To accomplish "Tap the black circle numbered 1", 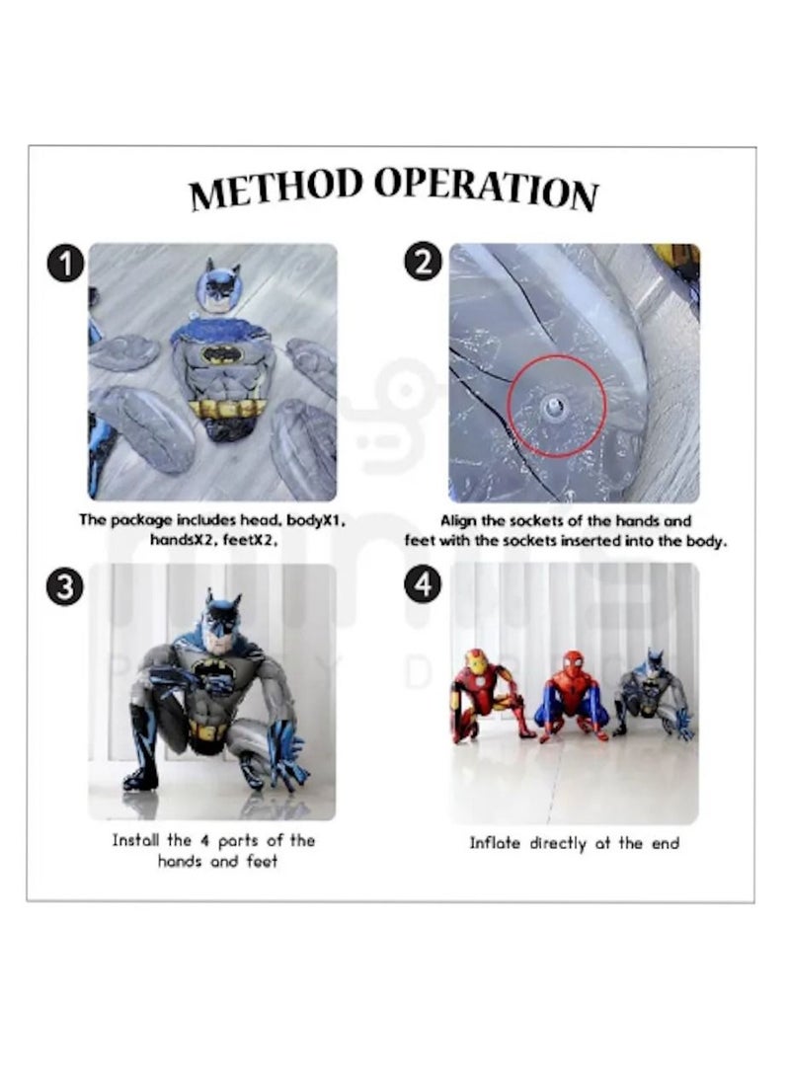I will click(65, 265).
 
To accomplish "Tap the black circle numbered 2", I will click(423, 264).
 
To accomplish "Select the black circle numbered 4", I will click(423, 585).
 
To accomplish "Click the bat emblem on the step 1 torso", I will click(218, 352).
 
